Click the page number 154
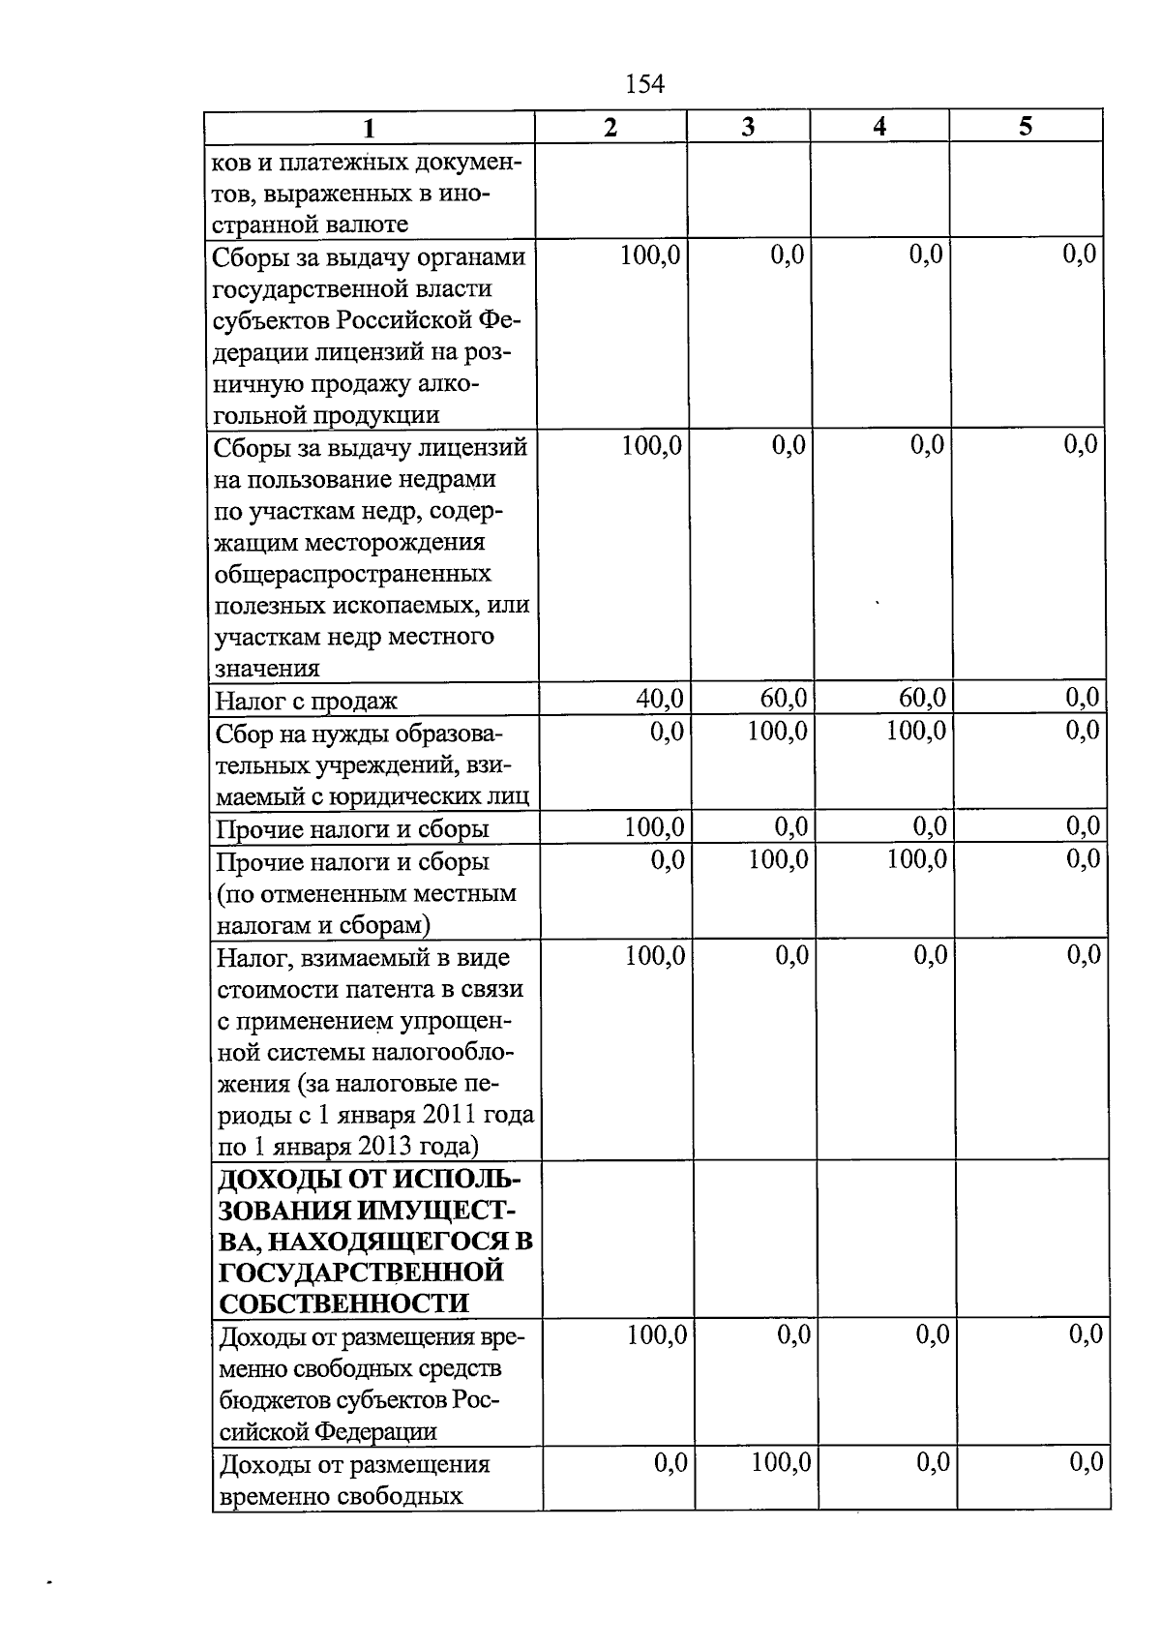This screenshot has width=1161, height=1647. (x=645, y=84)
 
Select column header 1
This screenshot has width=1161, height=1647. (x=368, y=129)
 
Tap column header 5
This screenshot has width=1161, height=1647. (x=1026, y=127)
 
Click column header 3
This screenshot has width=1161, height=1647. (x=747, y=127)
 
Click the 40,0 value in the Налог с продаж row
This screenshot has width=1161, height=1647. (x=660, y=698)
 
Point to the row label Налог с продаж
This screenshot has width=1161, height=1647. (x=306, y=701)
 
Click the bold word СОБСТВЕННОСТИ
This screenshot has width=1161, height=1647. (x=344, y=1303)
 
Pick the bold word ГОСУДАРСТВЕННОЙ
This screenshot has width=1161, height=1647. (x=361, y=1272)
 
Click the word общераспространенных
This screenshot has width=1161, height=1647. (x=352, y=574)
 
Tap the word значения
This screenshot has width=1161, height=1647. (x=267, y=669)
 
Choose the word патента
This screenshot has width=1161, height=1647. (x=391, y=989)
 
